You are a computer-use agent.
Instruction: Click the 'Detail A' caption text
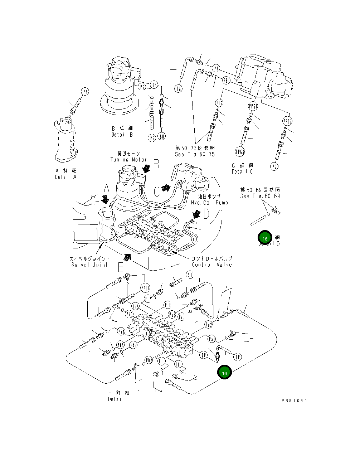[66, 177]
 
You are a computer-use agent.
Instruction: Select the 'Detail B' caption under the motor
[122, 135]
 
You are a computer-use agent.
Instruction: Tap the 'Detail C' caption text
[242, 171]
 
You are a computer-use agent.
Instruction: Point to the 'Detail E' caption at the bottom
[118, 399]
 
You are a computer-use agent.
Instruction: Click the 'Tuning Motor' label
[128, 160]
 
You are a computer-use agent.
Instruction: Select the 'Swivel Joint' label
[89, 265]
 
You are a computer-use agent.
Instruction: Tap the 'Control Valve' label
[211, 265]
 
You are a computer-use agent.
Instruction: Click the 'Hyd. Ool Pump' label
[209, 203]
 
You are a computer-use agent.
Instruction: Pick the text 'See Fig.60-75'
[195, 154]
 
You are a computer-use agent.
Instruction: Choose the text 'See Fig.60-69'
[260, 196]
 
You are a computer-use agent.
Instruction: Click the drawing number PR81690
[294, 401]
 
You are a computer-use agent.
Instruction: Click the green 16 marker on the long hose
[225, 373]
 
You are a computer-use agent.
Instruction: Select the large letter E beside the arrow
[121, 268]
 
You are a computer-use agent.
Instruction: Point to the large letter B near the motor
[156, 165]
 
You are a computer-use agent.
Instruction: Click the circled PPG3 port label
[239, 152]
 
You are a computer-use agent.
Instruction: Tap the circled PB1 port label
[226, 81]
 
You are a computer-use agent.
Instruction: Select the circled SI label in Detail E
[190, 275]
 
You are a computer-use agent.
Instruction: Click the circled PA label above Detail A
[85, 92]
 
